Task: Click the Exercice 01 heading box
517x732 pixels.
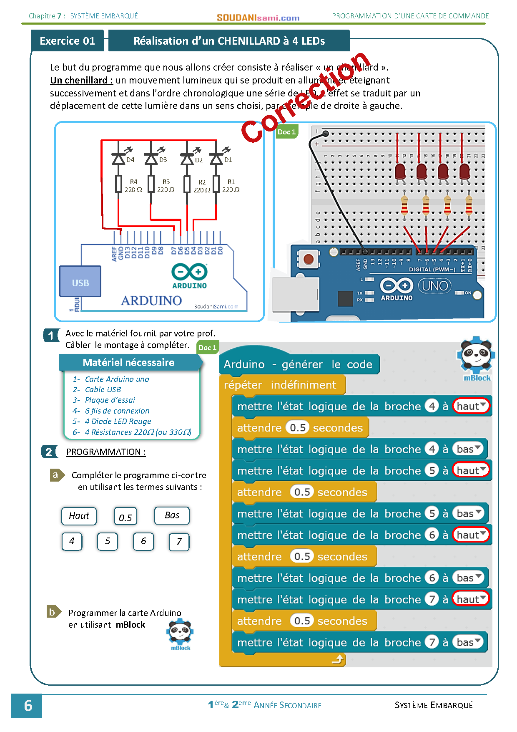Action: point(67,41)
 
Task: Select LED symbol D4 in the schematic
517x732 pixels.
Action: point(119,159)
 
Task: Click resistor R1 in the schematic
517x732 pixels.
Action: point(216,184)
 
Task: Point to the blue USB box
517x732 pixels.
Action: point(80,282)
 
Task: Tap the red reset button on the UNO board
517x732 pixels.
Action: point(309,259)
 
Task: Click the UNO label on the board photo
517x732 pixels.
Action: point(434,286)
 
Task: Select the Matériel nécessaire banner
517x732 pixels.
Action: point(129,362)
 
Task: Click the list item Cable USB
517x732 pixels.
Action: point(103,390)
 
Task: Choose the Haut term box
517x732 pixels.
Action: point(79,516)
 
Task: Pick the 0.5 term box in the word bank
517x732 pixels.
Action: point(125,517)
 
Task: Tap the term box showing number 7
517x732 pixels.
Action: point(179,542)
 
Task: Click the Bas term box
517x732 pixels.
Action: point(172,515)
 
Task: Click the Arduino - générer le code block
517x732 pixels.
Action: point(299,364)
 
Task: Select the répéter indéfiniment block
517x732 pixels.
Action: point(280,385)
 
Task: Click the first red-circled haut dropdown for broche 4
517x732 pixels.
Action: point(471,406)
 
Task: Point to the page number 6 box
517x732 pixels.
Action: point(27,706)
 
